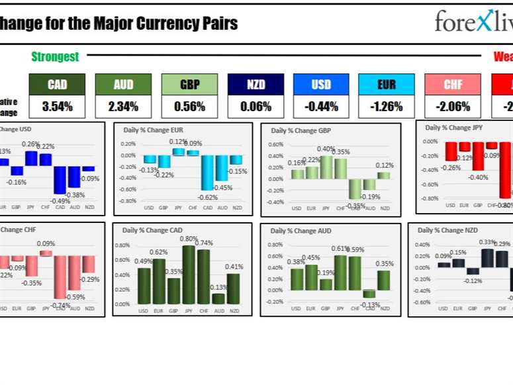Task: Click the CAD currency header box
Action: tap(57, 84)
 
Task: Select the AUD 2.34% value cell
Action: tap(123, 106)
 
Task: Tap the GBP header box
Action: tap(189, 84)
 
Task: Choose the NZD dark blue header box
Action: tap(256, 84)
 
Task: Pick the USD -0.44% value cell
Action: tap(321, 106)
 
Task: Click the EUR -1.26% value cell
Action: tap(387, 106)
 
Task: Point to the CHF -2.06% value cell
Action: tap(453, 106)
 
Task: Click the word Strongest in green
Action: tap(55, 57)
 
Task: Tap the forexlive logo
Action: tap(473, 21)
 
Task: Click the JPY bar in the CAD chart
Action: tap(189, 275)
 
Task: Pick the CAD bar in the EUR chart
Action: tap(208, 173)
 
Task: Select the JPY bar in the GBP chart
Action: tap(326, 167)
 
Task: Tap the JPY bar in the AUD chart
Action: tap(341, 273)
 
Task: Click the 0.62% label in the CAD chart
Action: tap(159, 252)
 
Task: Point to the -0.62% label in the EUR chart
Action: tap(208, 197)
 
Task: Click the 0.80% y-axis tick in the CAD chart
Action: tap(122, 245)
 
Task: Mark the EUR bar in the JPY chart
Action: tap(465, 147)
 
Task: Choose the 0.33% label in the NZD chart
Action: tap(488, 242)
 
